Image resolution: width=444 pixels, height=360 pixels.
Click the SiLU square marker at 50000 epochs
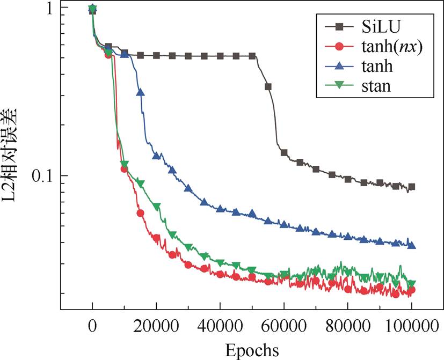click(252, 56)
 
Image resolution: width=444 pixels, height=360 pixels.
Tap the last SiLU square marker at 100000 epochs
click(412, 187)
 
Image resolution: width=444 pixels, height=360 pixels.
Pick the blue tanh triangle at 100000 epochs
click(412, 245)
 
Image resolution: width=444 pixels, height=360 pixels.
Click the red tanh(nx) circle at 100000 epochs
click(412, 290)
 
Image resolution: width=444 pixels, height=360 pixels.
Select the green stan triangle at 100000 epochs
click(412, 284)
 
